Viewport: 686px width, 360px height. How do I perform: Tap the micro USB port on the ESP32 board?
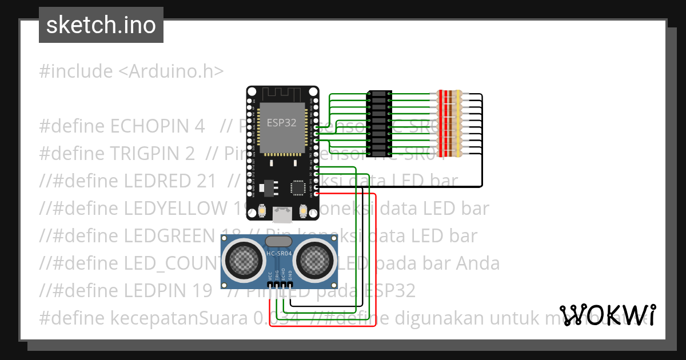tap(282, 214)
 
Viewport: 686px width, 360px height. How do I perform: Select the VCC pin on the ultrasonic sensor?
tap(270, 284)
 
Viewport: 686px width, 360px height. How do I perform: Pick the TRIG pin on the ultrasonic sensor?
tap(277, 284)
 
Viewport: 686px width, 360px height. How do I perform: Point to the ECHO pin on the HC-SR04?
tap(284, 284)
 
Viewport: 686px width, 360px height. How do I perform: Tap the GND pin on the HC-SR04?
tap(290, 284)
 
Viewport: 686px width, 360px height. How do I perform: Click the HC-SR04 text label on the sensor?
tap(279, 253)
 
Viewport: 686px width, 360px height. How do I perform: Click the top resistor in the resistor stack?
tap(449, 94)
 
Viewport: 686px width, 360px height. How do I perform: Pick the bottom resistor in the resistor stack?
tap(449, 153)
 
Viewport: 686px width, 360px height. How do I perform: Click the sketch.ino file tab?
tap(101, 25)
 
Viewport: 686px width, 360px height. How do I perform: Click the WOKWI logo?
tap(608, 315)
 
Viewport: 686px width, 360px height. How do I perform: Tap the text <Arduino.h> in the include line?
tap(171, 71)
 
